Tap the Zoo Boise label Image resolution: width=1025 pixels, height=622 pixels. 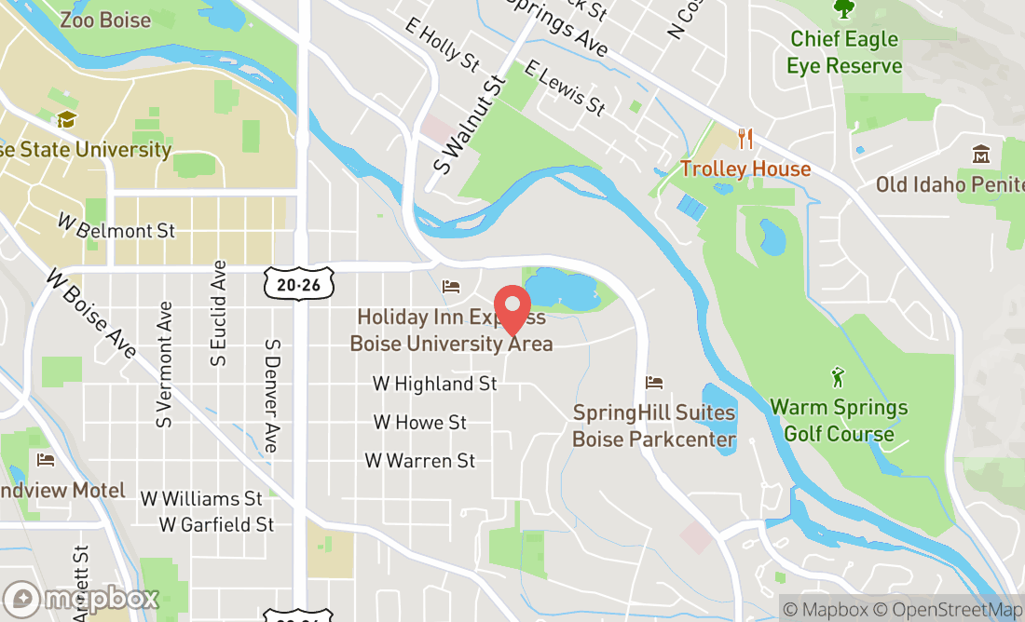point(104,20)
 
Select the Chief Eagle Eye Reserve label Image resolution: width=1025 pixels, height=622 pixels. point(844,52)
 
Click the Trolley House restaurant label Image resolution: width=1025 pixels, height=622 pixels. point(745,169)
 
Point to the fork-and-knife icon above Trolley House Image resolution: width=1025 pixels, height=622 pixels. point(745,139)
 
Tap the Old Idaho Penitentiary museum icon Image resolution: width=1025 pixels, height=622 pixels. point(980,154)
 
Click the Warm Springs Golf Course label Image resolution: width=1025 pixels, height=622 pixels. point(839,421)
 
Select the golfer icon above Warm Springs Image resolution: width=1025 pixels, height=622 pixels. point(838,378)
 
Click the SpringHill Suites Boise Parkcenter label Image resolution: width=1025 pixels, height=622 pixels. point(654,426)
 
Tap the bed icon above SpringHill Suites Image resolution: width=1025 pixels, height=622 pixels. point(654,383)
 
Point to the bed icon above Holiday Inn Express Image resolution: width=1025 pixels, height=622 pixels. point(451,286)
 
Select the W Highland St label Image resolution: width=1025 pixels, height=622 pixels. point(434,384)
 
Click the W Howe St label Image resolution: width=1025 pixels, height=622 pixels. point(420,422)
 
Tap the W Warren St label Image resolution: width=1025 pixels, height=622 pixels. point(420,461)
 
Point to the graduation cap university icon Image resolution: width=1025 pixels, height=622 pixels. point(65,120)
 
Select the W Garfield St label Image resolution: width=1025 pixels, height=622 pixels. point(216,525)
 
